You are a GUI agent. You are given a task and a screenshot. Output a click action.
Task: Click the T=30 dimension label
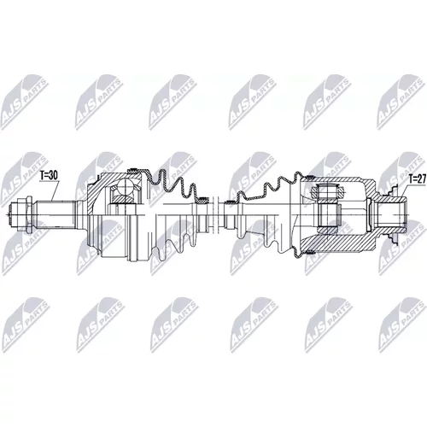[x=49, y=176]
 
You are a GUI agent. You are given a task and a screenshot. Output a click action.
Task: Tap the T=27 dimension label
[x=417, y=179]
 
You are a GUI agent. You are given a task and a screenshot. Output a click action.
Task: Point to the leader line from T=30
[x=56, y=191]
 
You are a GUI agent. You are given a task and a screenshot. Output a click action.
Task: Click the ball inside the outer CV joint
[x=126, y=186]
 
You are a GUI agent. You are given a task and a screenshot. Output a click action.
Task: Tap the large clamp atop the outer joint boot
[x=133, y=171]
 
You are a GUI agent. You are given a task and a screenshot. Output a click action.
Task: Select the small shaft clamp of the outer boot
[x=202, y=201]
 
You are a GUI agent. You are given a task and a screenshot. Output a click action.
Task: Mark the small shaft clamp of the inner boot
[x=230, y=203]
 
